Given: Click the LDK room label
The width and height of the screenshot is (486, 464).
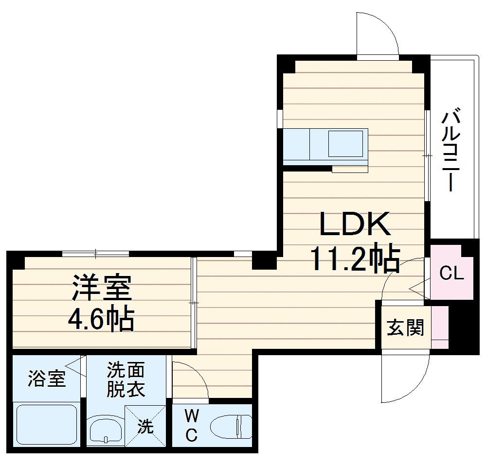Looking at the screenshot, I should point(355,224).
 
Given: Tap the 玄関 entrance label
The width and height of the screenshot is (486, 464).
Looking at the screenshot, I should point(405,328).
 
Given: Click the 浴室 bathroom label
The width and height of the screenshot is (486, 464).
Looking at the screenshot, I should point(46,378).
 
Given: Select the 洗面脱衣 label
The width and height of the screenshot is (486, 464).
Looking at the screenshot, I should point(126,379).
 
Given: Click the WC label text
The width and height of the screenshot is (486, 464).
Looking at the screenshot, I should point(192,426).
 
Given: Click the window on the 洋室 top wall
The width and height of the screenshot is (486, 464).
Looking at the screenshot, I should point(95,253).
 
